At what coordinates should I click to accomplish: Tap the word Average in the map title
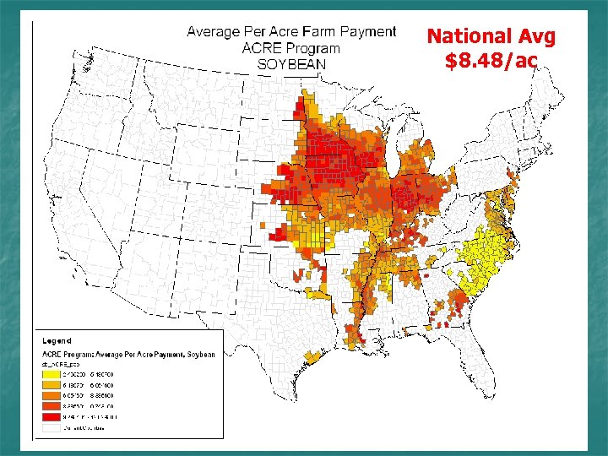pos(214,32)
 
